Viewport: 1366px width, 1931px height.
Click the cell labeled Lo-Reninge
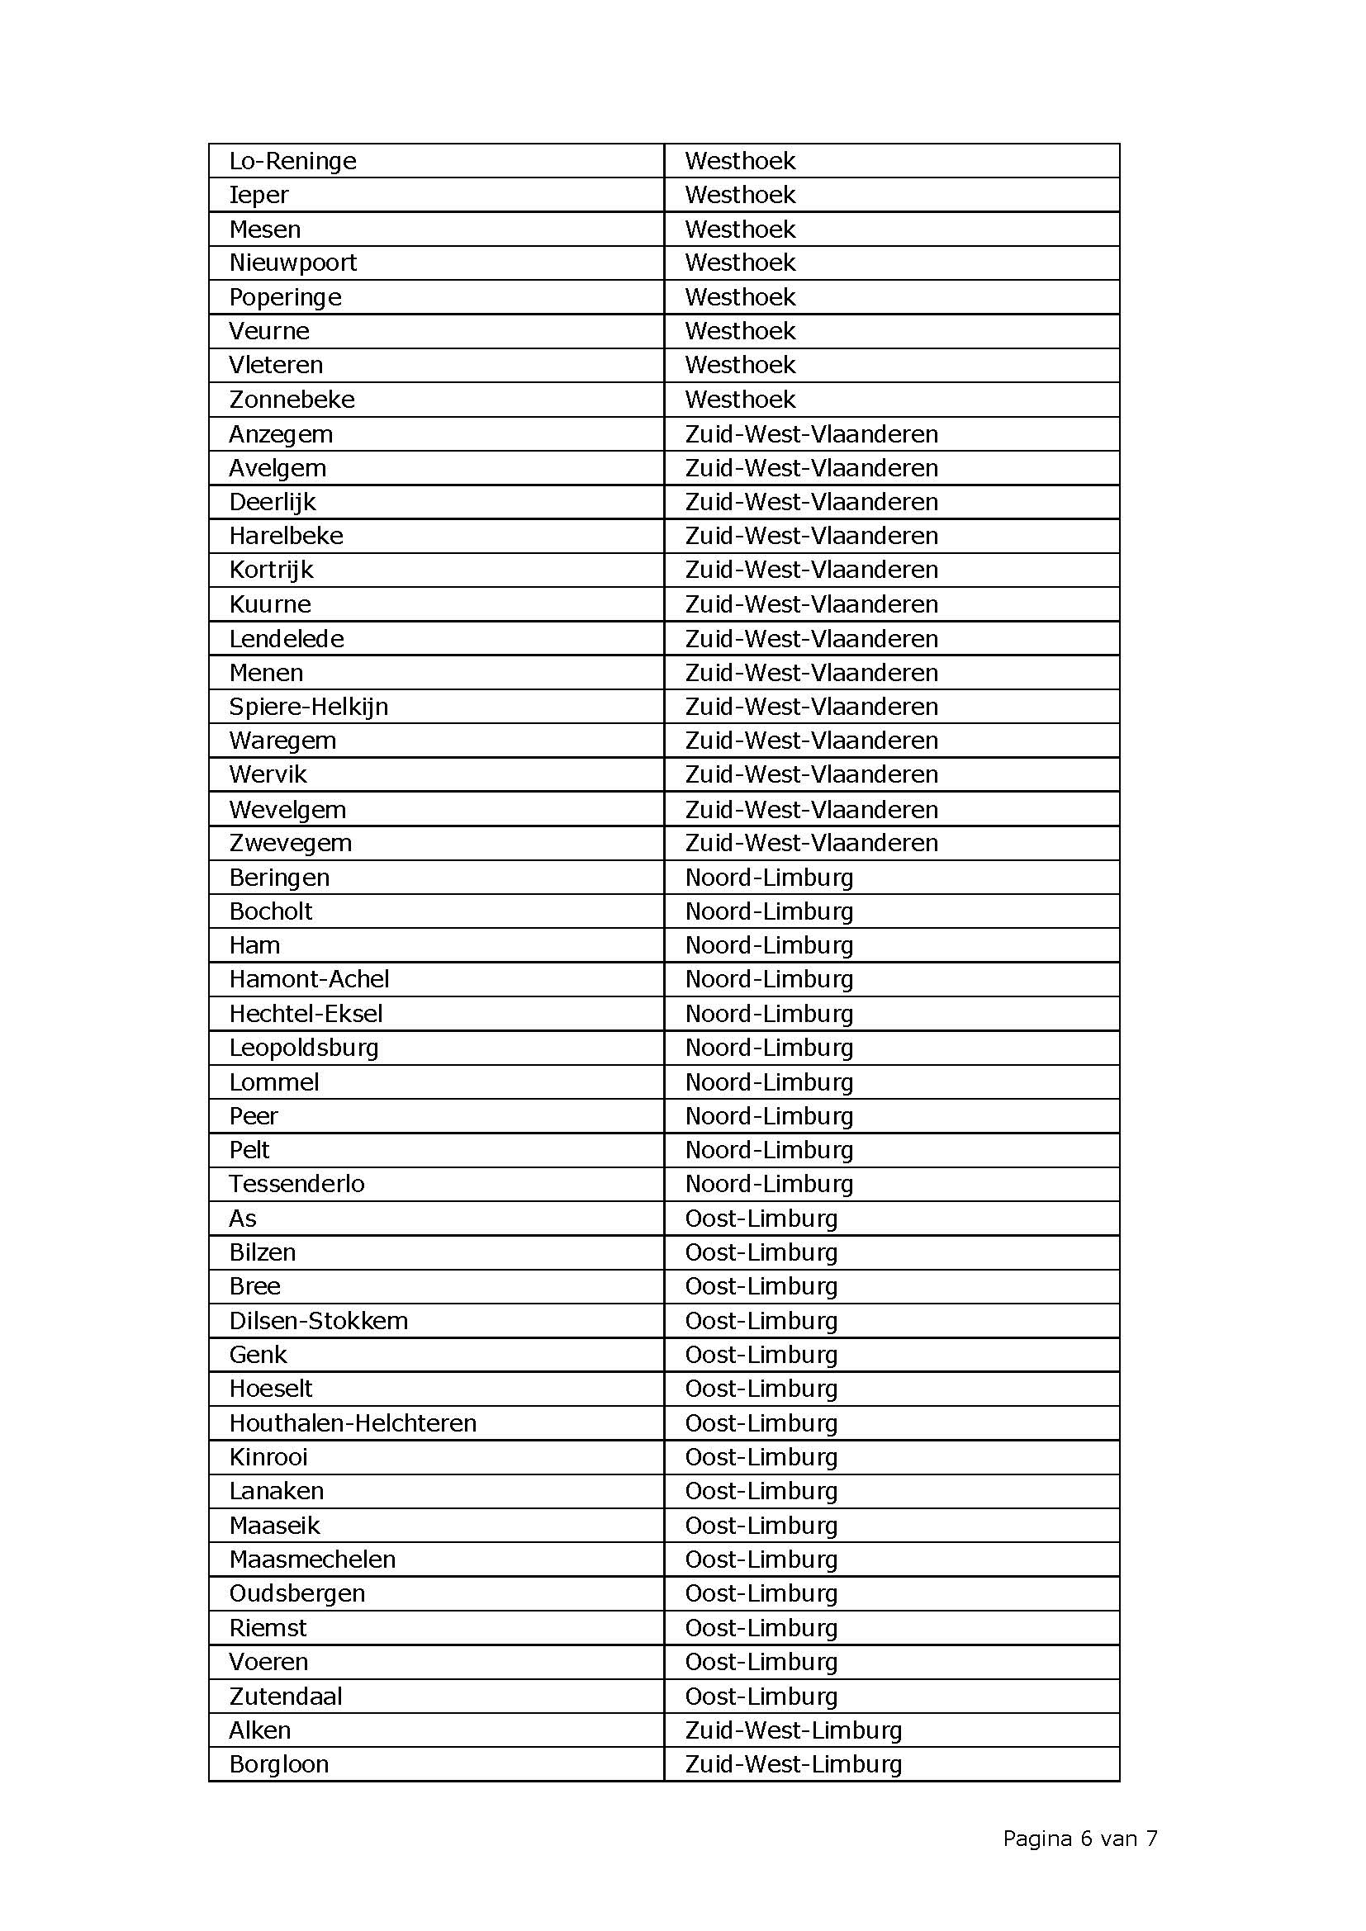point(292,161)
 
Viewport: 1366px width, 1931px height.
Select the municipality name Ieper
point(259,195)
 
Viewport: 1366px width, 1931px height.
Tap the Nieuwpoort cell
point(292,263)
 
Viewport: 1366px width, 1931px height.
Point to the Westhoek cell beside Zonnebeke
point(740,400)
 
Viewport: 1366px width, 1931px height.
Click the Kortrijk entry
point(271,570)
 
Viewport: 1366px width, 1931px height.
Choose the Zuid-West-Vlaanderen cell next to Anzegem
point(812,434)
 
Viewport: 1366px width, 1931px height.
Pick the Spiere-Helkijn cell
point(309,707)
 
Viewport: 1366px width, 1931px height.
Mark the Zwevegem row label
point(290,843)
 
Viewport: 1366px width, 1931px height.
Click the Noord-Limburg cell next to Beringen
point(770,878)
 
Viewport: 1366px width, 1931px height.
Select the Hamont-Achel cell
point(309,979)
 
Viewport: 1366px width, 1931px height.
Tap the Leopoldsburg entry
point(304,1048)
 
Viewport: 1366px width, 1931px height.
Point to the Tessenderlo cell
point(297,1184)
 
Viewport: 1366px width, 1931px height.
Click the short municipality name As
point(243,1219)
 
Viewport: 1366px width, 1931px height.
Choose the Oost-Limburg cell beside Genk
point(761,1355)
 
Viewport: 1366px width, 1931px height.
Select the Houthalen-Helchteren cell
point(353,1423)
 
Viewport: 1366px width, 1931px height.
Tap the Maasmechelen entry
point(312,1559)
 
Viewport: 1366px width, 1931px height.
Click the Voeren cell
point(269,1662)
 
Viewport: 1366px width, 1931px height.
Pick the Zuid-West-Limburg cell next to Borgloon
point(793,1764)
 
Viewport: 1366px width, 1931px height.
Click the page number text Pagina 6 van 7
point(1080,1839)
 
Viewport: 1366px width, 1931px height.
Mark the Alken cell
point(260,1730)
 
